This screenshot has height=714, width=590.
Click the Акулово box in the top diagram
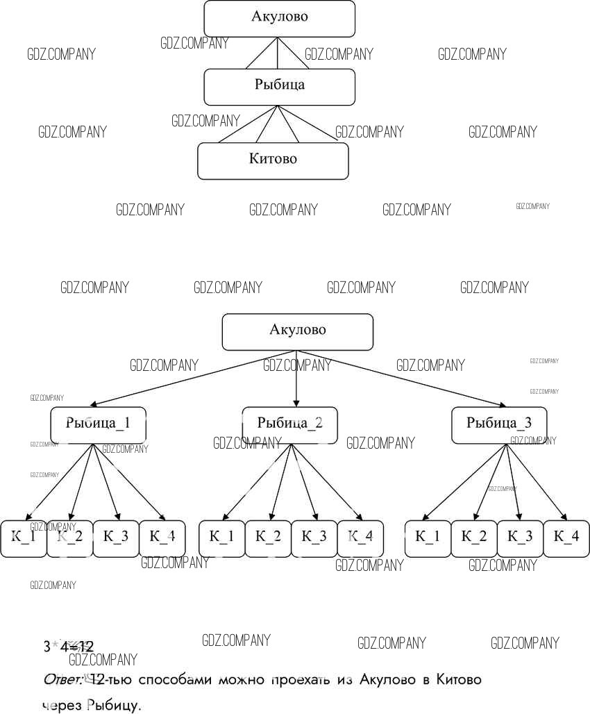(279, 18)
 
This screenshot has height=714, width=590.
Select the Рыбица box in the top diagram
(279, 86)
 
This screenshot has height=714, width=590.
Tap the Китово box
(273, 160)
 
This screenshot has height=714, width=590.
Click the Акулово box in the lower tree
(297, 331)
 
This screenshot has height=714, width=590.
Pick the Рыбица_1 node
(98, 424)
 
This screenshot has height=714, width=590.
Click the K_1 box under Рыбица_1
(23, 538)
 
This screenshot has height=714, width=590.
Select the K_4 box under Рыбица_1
(162, 538)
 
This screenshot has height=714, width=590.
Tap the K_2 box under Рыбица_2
(268, 538)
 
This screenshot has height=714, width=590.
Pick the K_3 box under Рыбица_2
(314, 538)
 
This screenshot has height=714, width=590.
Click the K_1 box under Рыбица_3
(428, 538)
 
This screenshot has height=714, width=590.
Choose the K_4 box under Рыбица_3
(566, 538)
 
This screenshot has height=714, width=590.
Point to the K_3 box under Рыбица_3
(520, 538)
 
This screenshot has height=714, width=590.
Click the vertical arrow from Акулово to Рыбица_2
(296, 379)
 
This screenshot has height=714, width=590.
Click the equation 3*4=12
(68, 647)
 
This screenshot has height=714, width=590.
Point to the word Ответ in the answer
(62, 679)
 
